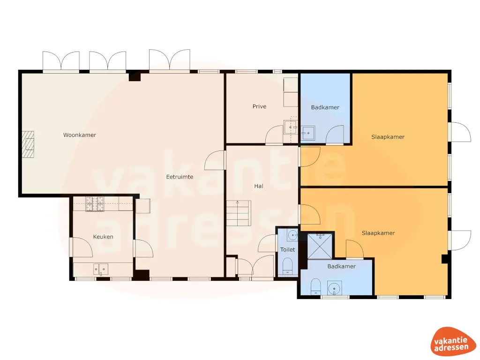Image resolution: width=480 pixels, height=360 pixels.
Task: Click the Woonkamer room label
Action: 80,135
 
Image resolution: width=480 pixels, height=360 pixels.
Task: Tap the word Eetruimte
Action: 180,177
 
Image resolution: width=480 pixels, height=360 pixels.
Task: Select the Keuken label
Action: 103,237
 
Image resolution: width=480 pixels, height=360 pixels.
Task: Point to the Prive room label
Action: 259,106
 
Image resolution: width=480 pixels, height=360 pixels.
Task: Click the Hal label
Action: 258,186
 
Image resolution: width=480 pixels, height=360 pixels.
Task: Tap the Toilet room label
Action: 287,250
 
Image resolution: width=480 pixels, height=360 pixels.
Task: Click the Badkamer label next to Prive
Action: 325,107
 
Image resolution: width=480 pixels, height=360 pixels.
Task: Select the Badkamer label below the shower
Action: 341,266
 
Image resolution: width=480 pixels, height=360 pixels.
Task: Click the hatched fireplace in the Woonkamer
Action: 29,144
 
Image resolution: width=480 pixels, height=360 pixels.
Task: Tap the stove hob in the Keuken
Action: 95,204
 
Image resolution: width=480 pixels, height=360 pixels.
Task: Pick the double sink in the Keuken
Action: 100,269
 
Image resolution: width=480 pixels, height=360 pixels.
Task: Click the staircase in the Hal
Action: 239,213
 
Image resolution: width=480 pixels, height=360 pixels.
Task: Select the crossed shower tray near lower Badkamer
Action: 321,246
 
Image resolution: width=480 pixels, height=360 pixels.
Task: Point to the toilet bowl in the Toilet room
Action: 288,266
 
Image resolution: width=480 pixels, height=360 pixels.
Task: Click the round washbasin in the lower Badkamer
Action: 334,287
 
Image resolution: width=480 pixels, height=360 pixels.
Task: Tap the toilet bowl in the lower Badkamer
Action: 315,285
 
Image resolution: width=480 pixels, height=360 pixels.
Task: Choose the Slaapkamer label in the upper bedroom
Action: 388,137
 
